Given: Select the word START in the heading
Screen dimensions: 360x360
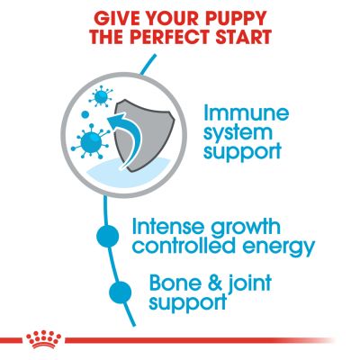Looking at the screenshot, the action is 245,37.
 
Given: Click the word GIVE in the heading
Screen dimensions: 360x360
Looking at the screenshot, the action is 115,18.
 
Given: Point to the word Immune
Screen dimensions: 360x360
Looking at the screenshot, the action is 246,112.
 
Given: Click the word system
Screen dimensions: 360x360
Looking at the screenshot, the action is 238,132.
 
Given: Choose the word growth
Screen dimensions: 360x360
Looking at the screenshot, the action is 245,228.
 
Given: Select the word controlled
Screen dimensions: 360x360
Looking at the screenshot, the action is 184,246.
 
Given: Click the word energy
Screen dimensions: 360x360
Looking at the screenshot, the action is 277,247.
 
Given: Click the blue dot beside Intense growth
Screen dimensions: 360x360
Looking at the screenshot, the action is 107,237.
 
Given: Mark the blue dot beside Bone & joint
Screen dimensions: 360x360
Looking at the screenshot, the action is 121,292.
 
